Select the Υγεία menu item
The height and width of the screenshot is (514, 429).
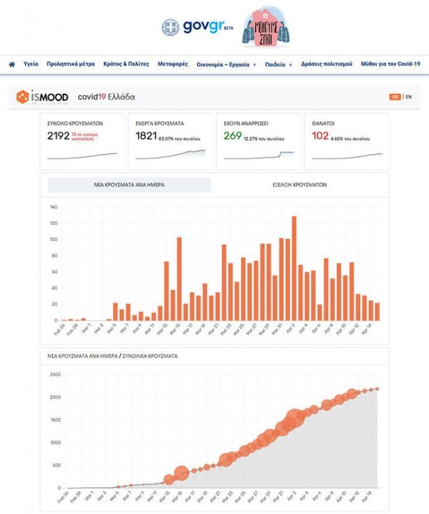click(31, 64)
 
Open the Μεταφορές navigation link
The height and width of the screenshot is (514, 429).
click(172, 64)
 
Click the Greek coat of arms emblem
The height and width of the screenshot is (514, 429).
click(170, 28)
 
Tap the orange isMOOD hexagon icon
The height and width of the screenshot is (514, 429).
click(23, 96)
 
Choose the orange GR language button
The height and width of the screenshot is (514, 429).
click(395, 97)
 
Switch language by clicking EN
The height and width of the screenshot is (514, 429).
click(409, 97)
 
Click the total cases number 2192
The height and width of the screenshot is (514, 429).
click(58, 136)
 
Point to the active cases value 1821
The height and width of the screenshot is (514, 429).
click(146, 136)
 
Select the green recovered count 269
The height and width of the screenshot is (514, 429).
click(232, 136)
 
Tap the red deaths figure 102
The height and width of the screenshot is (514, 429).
click(320, 136)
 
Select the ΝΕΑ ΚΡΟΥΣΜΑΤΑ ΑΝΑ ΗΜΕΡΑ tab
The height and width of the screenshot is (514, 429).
click(130, 185)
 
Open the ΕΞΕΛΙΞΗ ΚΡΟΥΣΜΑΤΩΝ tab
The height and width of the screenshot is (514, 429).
click(300, 185)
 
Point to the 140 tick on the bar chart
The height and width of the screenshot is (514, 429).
click(54, 207)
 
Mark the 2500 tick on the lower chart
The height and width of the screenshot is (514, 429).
click(56, 374)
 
